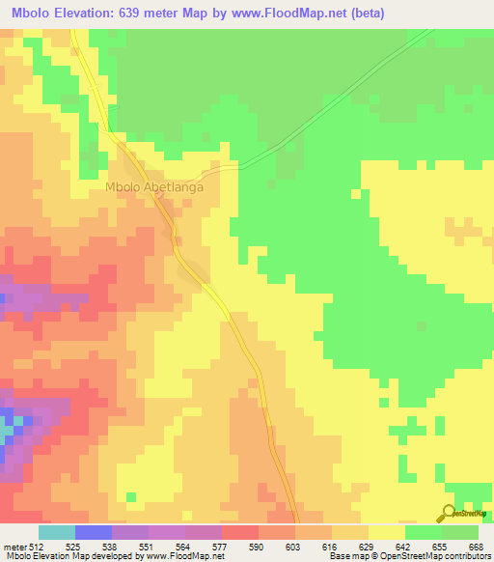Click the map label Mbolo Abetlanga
[x=154, y=187]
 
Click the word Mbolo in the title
[x=34, y=13]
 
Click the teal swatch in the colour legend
[x=56, y=532]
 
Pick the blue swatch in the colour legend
[x=93, y=532]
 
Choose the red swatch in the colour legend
[x=239, y=532]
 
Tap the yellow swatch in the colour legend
[x=386, y=532]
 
